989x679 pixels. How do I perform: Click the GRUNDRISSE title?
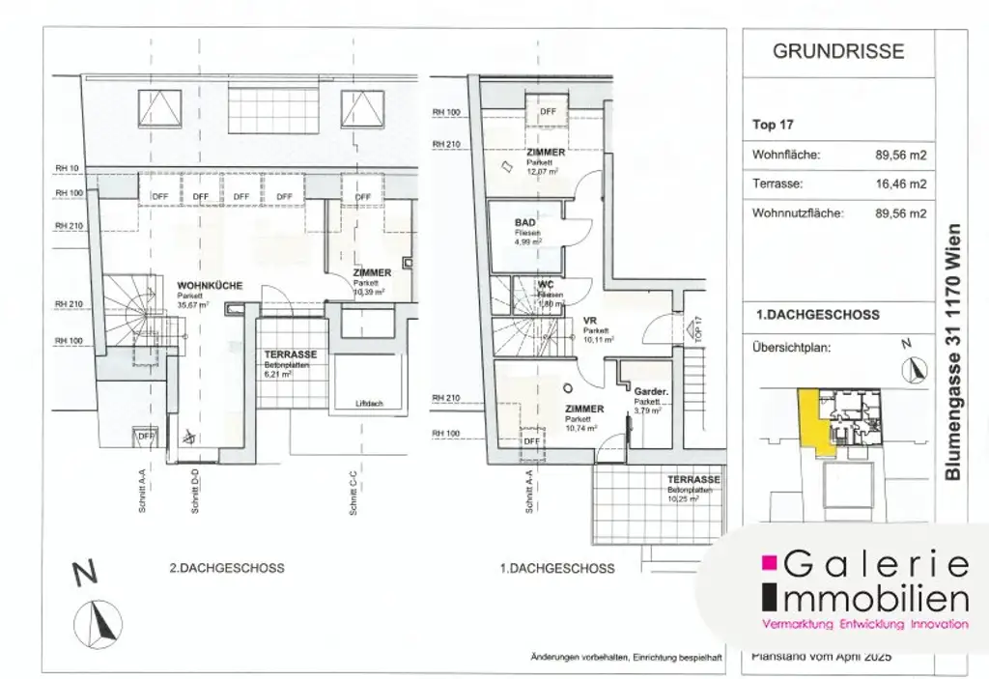(838, 51)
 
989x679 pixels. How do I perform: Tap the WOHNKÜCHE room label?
(210, 286)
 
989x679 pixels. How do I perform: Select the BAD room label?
(524, 222)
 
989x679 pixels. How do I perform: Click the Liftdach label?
(368, 404)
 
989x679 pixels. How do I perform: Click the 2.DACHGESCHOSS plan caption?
(226, 568)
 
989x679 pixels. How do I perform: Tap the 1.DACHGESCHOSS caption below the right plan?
(556, 568)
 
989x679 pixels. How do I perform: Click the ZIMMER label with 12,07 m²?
(546, 153)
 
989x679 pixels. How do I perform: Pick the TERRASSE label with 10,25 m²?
(692, 480)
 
